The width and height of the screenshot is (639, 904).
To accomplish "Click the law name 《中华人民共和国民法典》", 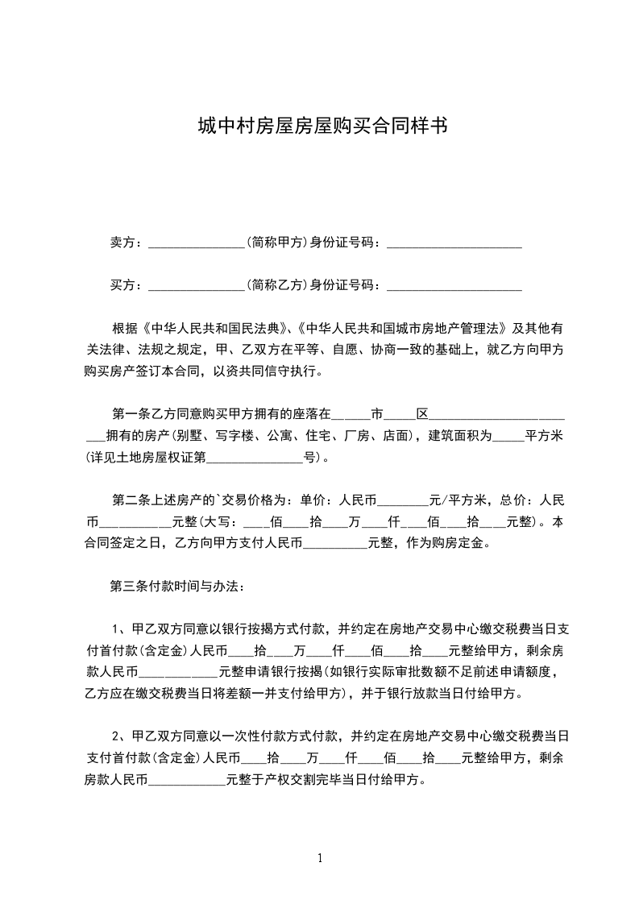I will click(214, 330).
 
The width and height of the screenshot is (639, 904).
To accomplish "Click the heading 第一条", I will click(129, 415).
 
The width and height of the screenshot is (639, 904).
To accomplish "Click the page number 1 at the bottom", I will click(320, 858).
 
